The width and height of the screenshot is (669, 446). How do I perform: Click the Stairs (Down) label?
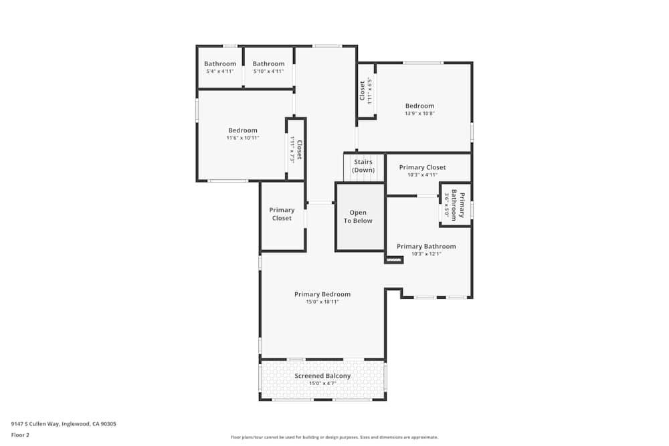click(x=363, y=166)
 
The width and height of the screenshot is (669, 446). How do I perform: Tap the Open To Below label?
click(x=358, y=217)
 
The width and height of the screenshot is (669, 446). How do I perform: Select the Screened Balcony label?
click(x=322, y=376)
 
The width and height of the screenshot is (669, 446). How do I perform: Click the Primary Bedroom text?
click(x=322, y=294)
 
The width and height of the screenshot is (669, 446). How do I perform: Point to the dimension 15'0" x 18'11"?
click(x=322, y=302)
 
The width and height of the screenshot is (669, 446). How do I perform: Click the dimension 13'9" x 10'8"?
click(x=419, y=114)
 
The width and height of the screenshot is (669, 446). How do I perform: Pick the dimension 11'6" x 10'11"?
click(x=242, y=138)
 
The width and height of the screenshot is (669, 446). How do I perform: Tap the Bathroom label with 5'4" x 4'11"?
click(x=220, y=64)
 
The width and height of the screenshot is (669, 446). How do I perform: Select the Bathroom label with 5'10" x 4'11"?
click(x=268, y=64)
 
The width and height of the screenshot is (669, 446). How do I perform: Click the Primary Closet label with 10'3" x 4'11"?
click(x=422, y=167)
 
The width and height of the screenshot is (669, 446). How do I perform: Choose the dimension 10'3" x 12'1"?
click(x=426, y=254)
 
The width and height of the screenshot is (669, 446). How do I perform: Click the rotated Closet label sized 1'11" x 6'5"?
click(x=363, y=90)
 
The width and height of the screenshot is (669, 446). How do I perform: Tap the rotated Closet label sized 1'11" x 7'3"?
click(x=299, y=149)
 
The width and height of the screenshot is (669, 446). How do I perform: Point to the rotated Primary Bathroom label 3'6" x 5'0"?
click(x=458, y=205)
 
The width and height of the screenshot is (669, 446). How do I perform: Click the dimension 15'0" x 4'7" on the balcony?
click(x=322, y=384)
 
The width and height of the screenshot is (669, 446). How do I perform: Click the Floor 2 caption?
click(x=20, y=435)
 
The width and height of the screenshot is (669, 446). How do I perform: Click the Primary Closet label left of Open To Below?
click(x=282, y=214)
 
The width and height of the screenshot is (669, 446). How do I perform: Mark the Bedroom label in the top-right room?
click(x=419, y=106)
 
